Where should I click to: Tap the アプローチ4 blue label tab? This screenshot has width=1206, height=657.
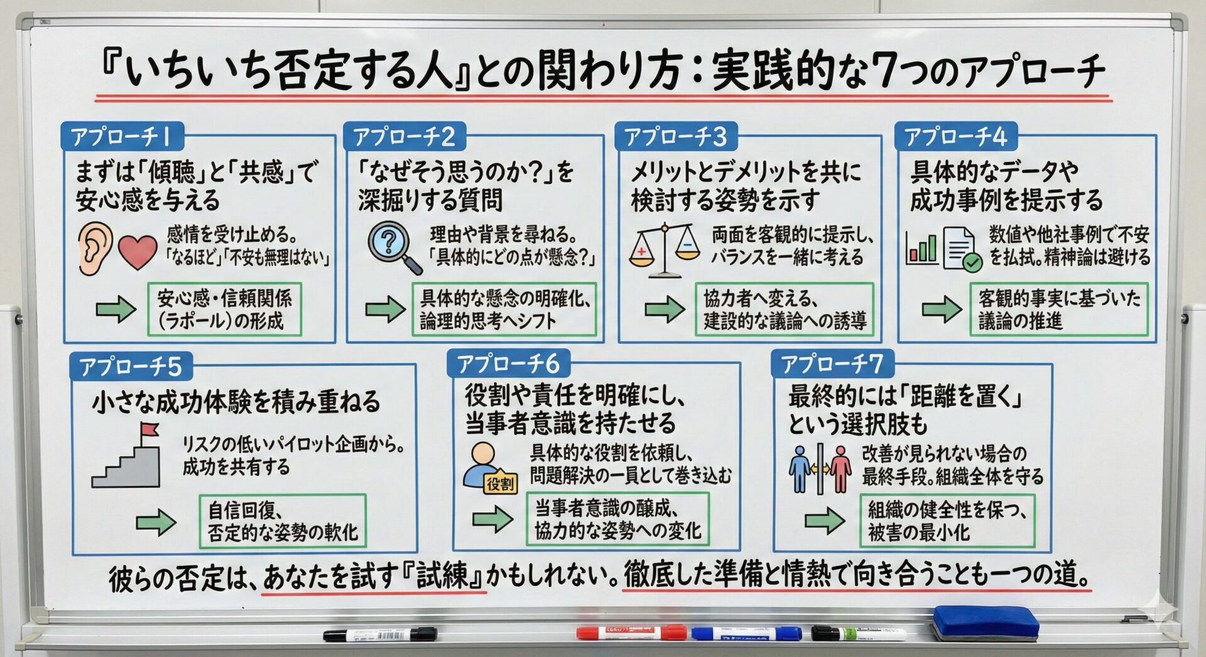(x=955, y=136)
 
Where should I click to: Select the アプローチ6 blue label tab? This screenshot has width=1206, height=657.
(x=508, y=363)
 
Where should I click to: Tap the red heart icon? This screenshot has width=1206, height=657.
(x=137, y=251)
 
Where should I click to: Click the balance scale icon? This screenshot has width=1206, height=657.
(x=665, y=250)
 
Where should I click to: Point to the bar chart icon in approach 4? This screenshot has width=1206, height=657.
(x=921, y=247)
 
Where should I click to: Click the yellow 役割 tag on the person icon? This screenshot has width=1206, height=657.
(x=500, y=483)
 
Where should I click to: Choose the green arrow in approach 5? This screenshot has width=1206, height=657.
(x=156, y=522)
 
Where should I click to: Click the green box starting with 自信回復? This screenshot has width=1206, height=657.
(x=283, y=521)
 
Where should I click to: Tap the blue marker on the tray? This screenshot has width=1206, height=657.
(x=746, y=634)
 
